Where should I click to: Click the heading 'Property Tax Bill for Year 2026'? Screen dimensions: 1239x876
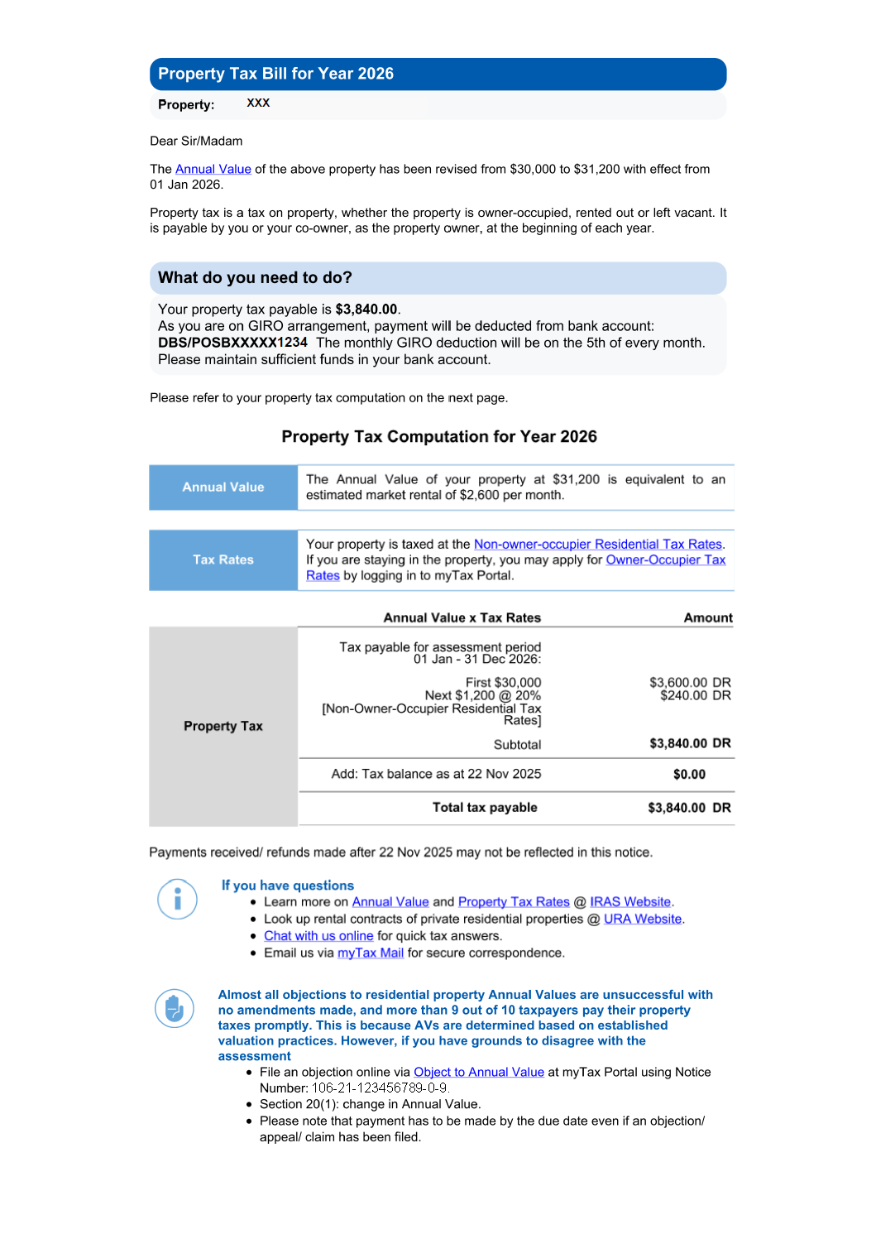click(x=275, y=74)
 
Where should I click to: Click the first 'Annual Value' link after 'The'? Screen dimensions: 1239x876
click(x=213, y=169)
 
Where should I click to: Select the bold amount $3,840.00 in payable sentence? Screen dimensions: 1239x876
click(x=366, y=310)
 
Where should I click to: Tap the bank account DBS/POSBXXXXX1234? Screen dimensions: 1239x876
click(x=232, y=343)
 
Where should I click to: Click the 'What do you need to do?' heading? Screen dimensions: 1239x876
click(x=255, y=278)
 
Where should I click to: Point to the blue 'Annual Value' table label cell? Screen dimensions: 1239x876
click(x=223, y=487)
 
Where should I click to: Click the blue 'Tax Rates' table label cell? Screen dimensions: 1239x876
click(x=223, y=560)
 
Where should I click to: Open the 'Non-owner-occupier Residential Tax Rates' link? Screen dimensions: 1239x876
click(x=597, y=544)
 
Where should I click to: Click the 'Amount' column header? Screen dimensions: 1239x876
click(x=707, y=617)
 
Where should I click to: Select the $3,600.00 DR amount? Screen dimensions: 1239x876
click(x=689, y=682)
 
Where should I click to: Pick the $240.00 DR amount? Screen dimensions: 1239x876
click(x=695, y=695)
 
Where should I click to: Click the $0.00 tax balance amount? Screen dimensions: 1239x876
click(x=689, y=775)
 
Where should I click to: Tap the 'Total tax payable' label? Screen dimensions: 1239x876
click(x=485, y=808)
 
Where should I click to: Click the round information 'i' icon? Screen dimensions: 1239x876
click(x=177, y=899)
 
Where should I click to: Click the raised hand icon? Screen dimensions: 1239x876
click(x=175, y=1008)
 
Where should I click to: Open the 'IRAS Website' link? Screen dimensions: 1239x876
click(x=629, y=902)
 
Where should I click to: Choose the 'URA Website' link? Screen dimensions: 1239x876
click(x=642, y=919)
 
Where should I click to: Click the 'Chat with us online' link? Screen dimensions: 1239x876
click(x=318, y=936)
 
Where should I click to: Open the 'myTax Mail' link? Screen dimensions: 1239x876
click(x=370, y=953)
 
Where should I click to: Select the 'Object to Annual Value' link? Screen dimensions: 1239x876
click(x=478, y=1072)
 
